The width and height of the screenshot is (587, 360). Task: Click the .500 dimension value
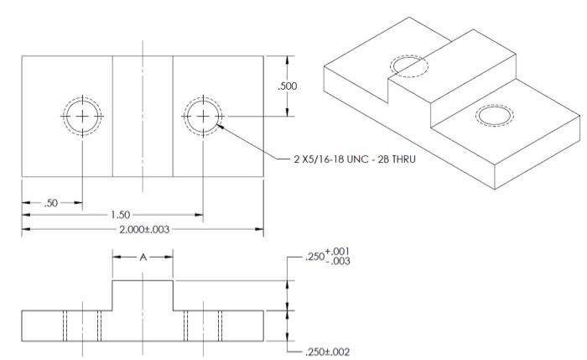pos(288,86)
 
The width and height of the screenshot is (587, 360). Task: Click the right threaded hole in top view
pos(202,116)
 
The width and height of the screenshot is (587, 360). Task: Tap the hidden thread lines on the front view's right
pos(202,325)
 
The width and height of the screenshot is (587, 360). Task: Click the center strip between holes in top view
pos(143,116)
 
